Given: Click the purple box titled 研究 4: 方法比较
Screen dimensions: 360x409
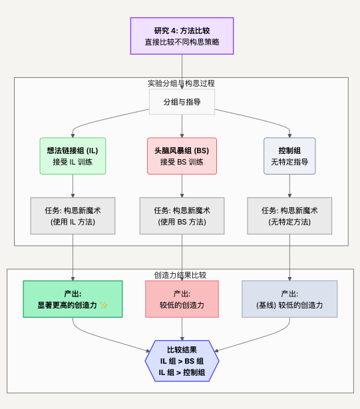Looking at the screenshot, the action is [182, 36].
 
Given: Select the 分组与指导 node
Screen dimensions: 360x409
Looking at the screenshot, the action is [182, 102].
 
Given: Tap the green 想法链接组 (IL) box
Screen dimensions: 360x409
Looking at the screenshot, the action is [73, 156].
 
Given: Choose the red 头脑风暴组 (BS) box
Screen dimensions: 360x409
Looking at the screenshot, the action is [182, 156].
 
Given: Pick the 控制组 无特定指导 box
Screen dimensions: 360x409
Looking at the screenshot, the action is [289, 156].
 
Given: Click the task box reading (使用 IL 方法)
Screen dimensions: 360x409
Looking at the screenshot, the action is [73, 216].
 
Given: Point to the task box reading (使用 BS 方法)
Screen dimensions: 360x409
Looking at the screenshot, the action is [182, 216].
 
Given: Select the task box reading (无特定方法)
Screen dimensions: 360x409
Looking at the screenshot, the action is [289, 216].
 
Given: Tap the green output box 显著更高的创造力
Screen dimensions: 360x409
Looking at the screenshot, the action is [73, 299].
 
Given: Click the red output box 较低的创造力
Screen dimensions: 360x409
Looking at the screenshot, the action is [182, 299].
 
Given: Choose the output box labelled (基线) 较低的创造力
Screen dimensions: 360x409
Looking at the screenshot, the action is [289, 299].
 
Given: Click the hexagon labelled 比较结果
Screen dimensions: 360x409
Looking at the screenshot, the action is [182, 361].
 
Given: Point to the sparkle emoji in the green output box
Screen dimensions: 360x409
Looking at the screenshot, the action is [104, 305].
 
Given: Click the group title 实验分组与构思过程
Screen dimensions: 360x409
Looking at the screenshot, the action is [181, 83].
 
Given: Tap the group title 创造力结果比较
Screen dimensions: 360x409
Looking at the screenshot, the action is [180, 275].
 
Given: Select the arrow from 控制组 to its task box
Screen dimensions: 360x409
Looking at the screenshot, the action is [289, 186].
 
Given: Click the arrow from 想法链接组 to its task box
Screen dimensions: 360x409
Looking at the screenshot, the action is [73, 186].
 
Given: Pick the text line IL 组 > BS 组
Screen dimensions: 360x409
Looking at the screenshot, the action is [182, 361].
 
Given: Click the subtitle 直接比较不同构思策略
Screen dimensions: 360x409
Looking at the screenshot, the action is [182, 42].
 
